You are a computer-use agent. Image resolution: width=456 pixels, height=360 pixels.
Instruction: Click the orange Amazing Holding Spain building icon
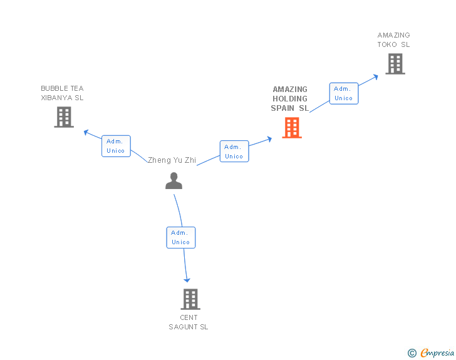coord(291,128)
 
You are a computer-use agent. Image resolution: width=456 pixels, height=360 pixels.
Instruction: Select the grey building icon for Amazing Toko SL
coord(395,64)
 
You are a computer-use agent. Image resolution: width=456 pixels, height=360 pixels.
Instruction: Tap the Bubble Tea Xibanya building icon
coord(64,117)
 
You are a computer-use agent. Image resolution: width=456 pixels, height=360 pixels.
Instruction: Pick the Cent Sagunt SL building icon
coord(190,299)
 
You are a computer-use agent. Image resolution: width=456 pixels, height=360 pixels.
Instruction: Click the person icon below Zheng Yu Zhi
coord(174,181)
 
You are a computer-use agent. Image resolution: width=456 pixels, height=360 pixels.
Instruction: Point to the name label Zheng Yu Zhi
coord(172,160)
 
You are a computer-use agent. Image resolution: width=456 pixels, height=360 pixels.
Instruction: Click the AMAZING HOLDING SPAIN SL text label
coord(290,99)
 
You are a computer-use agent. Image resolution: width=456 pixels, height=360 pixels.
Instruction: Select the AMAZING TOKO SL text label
coord(393,40)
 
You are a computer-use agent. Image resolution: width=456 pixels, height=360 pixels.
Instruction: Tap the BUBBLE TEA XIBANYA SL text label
coord(62,93)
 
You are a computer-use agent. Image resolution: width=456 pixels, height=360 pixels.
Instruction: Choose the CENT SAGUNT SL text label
coord(189,322)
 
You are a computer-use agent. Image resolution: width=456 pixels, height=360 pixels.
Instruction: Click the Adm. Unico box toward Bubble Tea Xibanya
coord(116,146)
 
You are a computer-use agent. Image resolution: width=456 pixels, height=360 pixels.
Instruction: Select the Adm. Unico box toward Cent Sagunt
coord(181,237)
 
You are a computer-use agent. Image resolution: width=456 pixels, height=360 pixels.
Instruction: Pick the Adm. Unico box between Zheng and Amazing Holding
coord(234,152)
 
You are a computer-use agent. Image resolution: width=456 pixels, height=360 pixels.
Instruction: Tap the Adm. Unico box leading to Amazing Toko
coord(344,93)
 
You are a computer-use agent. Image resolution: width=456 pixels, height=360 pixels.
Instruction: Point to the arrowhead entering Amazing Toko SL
coord(375,76)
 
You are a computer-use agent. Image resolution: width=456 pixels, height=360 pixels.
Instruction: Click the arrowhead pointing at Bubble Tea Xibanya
coord(86,131)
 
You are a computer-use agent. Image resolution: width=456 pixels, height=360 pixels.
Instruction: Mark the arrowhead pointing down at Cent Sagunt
coord(187,280)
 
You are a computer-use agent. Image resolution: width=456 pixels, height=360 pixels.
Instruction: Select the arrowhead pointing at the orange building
coord(269,138)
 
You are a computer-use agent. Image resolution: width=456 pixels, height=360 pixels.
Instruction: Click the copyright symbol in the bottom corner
coord(412,353)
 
